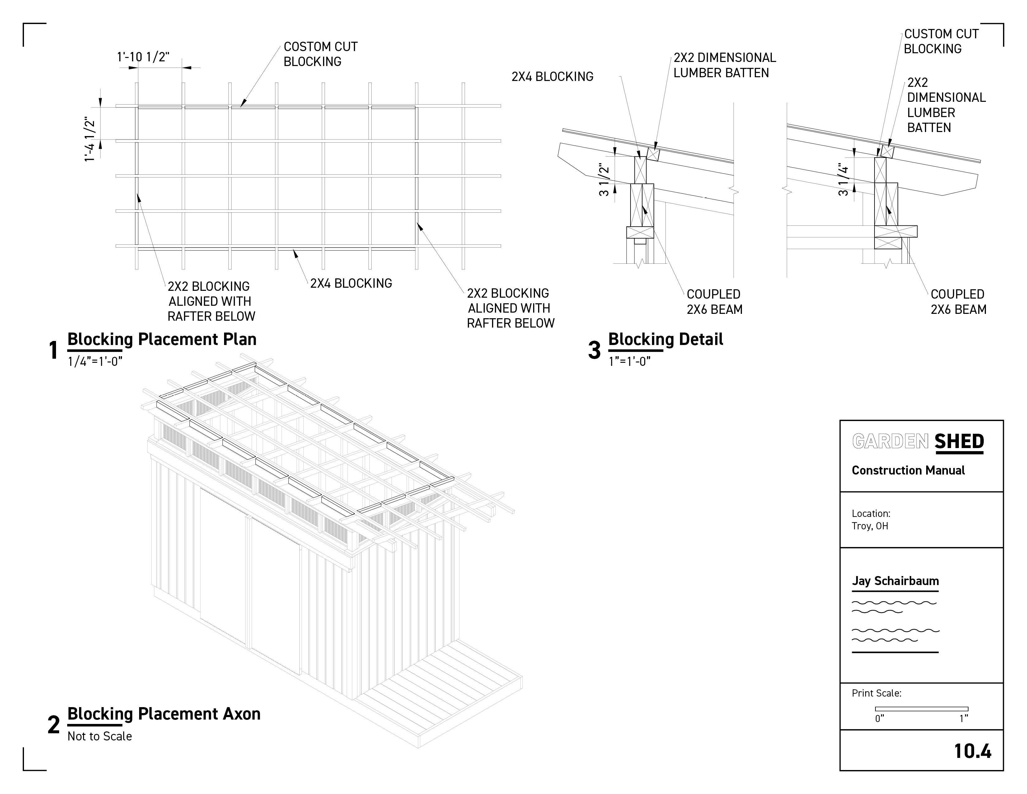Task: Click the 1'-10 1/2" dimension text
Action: (143, 57)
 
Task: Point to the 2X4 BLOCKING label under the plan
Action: (351, 283)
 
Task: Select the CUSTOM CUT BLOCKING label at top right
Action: (940, 41)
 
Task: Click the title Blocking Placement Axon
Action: (164, 714)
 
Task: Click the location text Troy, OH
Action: (870, 526)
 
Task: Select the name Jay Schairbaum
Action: (895, 581)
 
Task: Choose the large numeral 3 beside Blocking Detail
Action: (594, 350)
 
